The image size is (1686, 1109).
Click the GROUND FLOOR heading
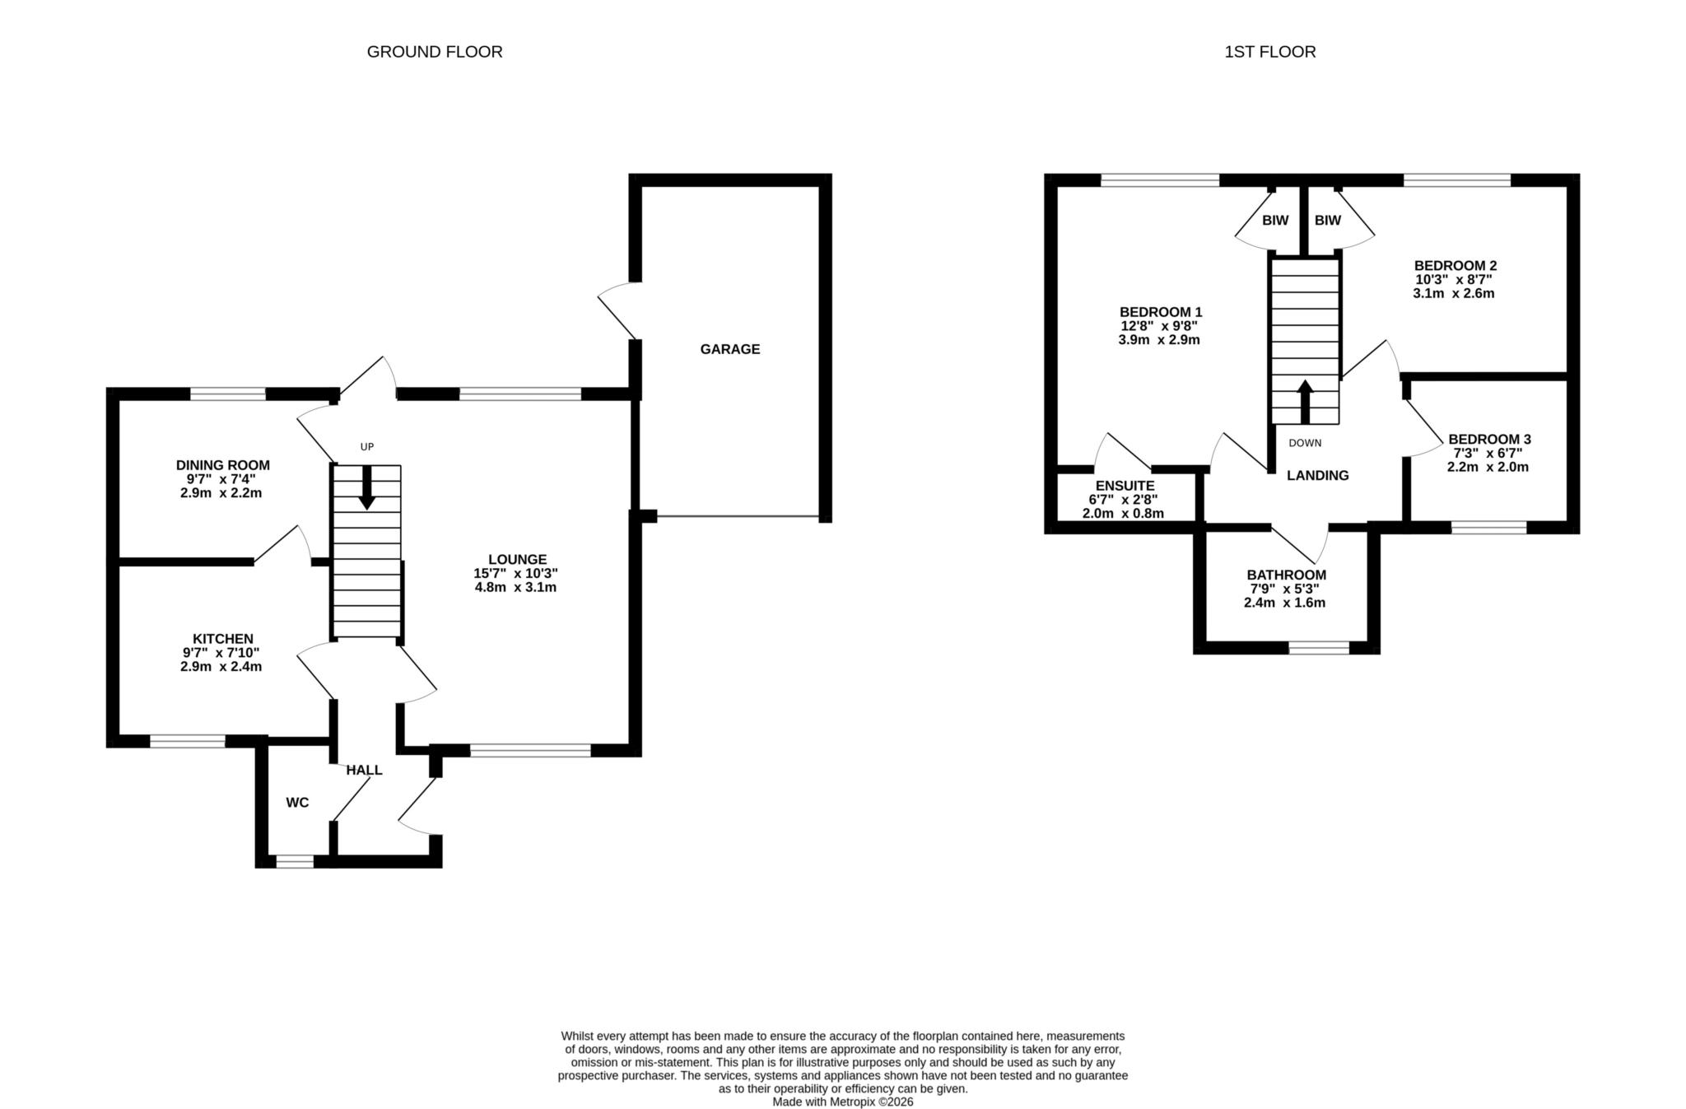point(435,52)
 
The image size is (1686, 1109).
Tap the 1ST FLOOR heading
point(1270,52)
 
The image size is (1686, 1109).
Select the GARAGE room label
point(730,349)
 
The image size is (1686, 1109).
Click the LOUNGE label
point(517,560)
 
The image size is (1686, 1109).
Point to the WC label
point(297,803)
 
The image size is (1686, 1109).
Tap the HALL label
point(364,770)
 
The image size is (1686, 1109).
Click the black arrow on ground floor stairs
point(367,487)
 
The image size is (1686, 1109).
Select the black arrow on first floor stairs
point(1305,402)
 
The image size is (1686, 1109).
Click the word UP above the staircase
point(367,447)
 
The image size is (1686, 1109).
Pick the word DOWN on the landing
point(1305,443)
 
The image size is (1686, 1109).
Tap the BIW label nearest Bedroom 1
point(1275,221)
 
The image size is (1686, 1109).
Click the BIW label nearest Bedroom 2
point(1328,221)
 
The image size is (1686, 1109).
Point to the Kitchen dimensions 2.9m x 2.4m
point(221,667)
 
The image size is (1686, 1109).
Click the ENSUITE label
point(1125,486)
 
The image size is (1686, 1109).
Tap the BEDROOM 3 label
point(1490,440)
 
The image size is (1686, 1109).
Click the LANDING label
point(1318,475)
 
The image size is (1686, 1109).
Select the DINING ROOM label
point(223,465)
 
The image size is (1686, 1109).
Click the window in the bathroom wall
point(1319,648)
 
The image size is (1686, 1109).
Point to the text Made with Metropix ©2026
point(843,1102)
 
